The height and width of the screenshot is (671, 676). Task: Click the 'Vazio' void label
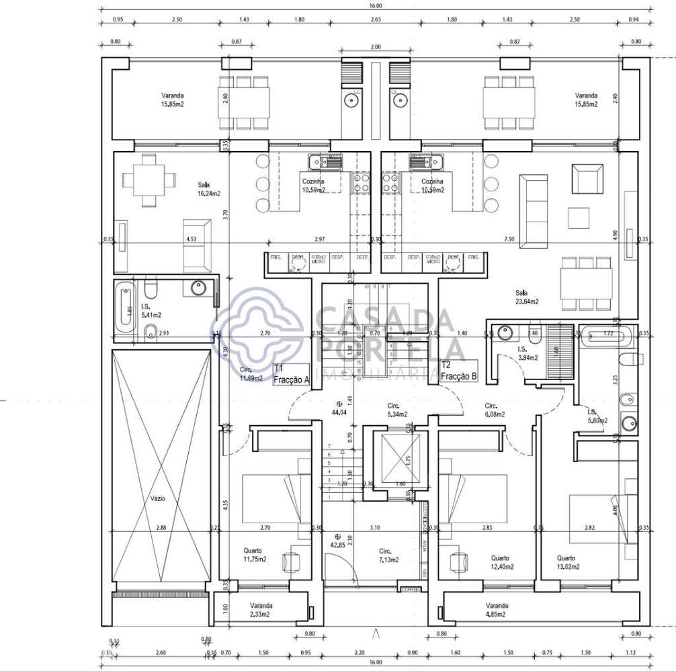click(x=158, y=498)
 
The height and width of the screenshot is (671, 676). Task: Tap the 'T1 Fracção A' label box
click(x=290, y=375)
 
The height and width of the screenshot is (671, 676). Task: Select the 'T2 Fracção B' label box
click(x=459, y=371)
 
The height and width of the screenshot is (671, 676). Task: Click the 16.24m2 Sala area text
click(x=209, y=189)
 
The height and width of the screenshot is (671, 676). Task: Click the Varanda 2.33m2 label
click(x=259, y=609)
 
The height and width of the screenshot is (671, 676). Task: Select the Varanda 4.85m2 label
click(x=497, y=609)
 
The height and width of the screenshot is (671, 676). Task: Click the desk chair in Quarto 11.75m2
click(x=292, y=561)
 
